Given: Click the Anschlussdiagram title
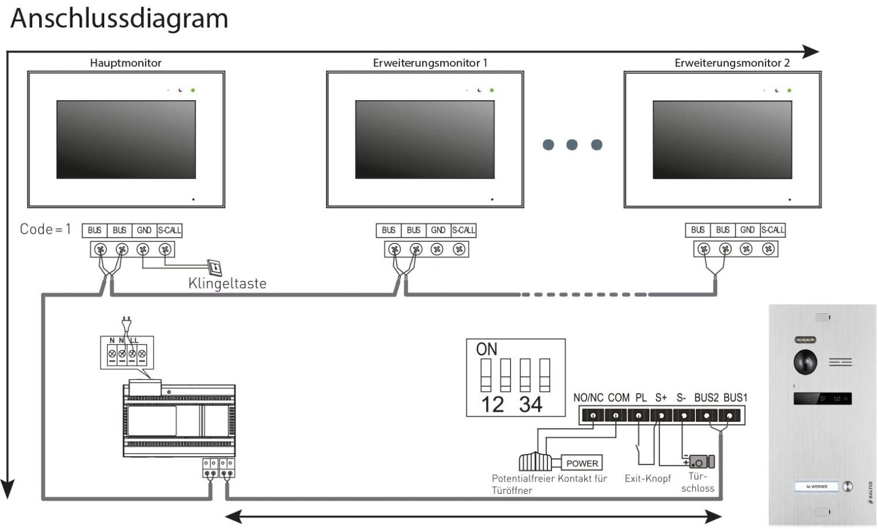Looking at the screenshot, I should (x=119, y=18).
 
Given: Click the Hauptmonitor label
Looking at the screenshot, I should (x=125, y=63).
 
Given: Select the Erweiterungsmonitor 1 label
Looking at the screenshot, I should (x=430, y=63).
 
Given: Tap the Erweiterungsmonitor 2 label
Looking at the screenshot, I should (x=732, y=63).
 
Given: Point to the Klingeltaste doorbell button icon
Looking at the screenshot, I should (x=215, y=267).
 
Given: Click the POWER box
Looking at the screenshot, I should (x=582, y=463).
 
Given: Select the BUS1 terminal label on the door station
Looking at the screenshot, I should (x=735, y=397).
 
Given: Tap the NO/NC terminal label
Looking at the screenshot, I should (x=588, y=397).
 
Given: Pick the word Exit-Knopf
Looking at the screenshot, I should (x=647, y=478).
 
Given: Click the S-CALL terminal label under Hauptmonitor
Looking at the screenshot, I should (x=170, y=230).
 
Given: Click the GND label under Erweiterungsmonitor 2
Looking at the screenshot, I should (x=747, y=230).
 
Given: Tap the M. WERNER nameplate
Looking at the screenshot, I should (x=817, y=486).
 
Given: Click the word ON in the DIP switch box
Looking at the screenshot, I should (x=486, y=349).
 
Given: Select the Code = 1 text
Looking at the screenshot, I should (x=45, y=229).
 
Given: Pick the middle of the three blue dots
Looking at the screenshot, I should (x=572, y=145).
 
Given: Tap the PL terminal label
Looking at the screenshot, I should (x=641, y=397).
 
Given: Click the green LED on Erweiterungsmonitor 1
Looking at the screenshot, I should (x=492, y=90).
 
